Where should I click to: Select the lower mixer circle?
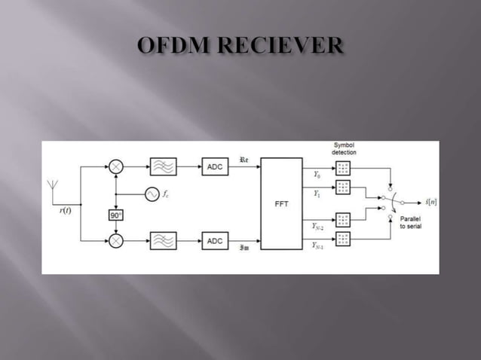pyautogui.click(x=115, y=241)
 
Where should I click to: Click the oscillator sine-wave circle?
pyautogui.click(x=152, y=195)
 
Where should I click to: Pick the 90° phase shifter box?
pyautogui.click(x=115, y=215)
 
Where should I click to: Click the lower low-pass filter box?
pyautogui.click(x=163, y=241)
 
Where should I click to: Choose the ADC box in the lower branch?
pyautogui.click(x=215, y=241)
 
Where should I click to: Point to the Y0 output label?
pyautogui.click(x=316, y=175)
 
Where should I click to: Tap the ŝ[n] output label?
pyautogui.click(x=431, y=202)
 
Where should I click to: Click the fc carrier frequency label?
pyautogui.click(x=166, y=194)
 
